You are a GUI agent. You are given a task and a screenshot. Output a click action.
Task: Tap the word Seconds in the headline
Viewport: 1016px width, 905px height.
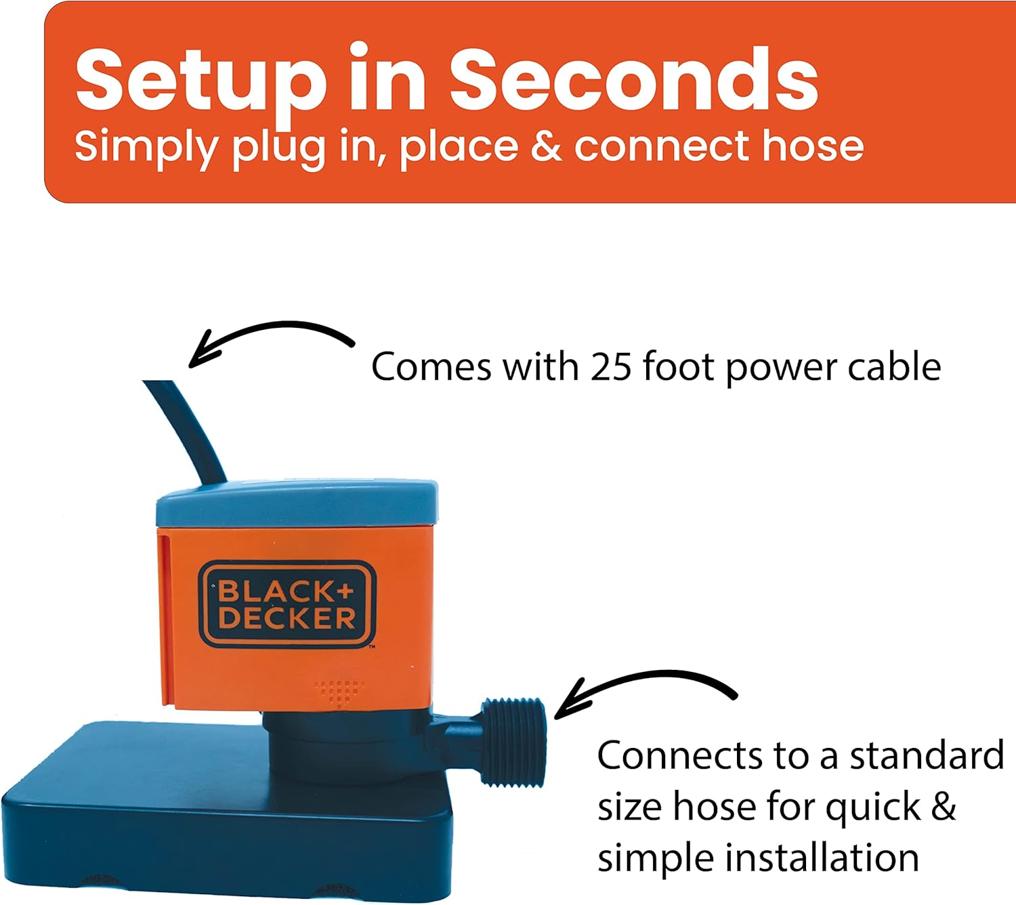(633, 80)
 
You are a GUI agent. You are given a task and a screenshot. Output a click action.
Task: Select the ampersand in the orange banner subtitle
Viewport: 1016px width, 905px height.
(546, 146)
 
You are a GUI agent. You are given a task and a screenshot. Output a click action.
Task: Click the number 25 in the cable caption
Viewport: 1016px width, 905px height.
(612, 367)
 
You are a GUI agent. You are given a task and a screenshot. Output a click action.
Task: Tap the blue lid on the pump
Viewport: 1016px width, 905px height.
(296, 505)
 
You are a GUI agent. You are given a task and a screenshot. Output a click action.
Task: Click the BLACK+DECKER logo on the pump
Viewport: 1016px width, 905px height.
(287, 605)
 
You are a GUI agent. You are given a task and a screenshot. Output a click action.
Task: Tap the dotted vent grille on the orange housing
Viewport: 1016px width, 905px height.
(339, 691)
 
